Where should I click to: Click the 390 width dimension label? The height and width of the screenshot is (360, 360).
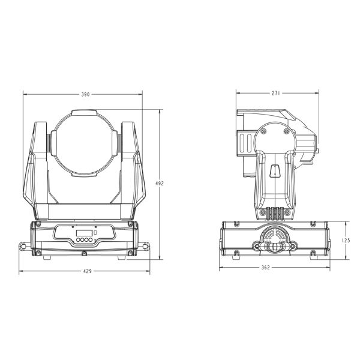point(85,94)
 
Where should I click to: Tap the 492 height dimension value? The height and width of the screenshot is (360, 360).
point(160,184)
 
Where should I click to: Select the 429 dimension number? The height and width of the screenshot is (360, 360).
point(87,271)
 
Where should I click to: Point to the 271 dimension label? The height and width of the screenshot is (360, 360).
point(276,93)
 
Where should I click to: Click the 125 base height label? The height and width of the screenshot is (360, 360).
point(346,241)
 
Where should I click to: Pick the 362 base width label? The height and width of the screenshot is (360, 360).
point(266,268)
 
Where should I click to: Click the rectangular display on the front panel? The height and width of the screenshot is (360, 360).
point(84,233)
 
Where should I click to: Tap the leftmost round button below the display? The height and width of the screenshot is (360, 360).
point(78,240)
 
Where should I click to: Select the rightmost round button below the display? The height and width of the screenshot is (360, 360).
point(91,240)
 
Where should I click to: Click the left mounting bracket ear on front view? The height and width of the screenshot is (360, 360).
point(24,246)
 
